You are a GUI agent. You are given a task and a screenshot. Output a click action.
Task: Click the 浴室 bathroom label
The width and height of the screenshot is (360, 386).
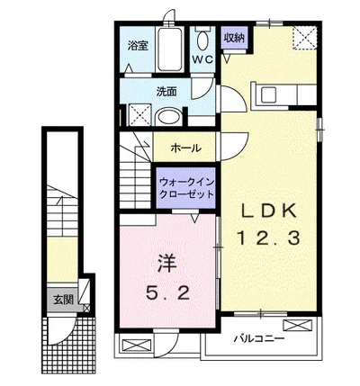[x=137, y=45]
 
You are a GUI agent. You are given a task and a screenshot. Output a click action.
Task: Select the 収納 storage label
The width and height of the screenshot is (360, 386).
[x=234, y=38]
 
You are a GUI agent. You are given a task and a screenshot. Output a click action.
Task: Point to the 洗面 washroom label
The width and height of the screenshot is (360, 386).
[x=166, y=91]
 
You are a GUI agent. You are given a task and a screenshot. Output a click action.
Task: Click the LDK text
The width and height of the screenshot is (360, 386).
[x=266, y=212]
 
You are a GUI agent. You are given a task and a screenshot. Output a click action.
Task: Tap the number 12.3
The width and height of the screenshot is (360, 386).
[x=266, y=238]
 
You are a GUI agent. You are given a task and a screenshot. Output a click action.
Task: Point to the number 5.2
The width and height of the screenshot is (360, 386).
[x=167, y=292]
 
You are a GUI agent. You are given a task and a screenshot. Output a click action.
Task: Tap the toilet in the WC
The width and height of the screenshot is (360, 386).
[x=204, y=39]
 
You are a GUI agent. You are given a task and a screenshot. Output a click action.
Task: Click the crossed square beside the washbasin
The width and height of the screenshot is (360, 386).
[x=139, y=114]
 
